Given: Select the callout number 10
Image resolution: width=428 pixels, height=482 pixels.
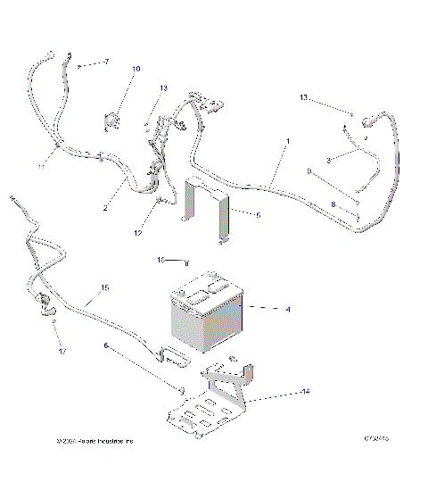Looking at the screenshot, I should click(136, 69).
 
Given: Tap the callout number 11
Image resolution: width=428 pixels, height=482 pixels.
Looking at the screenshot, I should click(41, 166).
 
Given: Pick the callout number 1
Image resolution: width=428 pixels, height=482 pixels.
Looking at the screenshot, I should click(287, 141).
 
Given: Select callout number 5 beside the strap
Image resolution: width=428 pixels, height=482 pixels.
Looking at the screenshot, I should click(258, 215).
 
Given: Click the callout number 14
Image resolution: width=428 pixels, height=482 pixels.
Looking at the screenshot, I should click(281, 391).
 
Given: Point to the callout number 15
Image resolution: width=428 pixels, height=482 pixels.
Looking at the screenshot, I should click(104, 287).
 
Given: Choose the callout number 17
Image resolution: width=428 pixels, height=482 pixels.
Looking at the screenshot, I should click(62, 352).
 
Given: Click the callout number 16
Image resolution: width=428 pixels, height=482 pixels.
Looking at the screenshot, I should click(162, 260).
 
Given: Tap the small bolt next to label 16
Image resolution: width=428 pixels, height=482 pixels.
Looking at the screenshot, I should click(185, 262).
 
